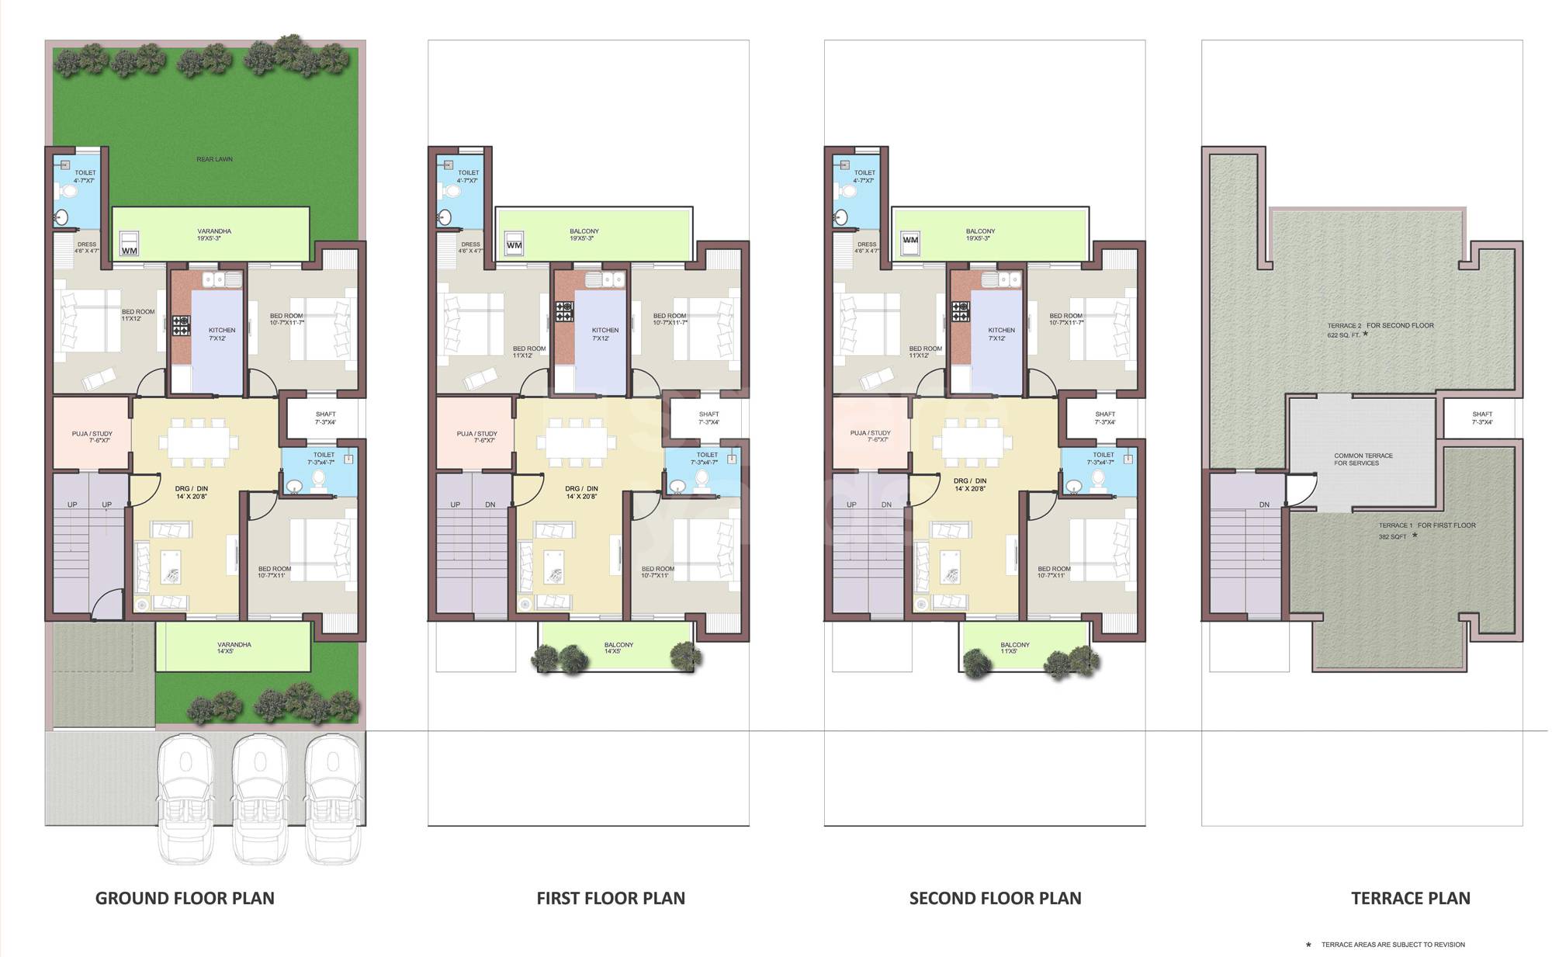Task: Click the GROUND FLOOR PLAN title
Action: [185, 898]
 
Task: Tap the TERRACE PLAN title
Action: [1410, 898]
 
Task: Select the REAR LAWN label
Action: [214, 159]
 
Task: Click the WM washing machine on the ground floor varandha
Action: [130, 245]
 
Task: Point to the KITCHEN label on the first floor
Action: [605, 331]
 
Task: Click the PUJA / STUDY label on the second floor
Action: [870, 433]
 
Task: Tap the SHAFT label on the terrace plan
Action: [1481, 414]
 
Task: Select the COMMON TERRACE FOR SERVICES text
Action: [1363, 459]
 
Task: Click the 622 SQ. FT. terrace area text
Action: [1343, 335]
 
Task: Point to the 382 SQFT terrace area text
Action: [1392, 537]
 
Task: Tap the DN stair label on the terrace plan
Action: [1264, 505]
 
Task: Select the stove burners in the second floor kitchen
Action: [961, 311]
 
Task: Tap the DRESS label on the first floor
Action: [470, 244]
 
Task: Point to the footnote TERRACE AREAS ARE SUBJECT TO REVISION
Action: [1393, 945]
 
